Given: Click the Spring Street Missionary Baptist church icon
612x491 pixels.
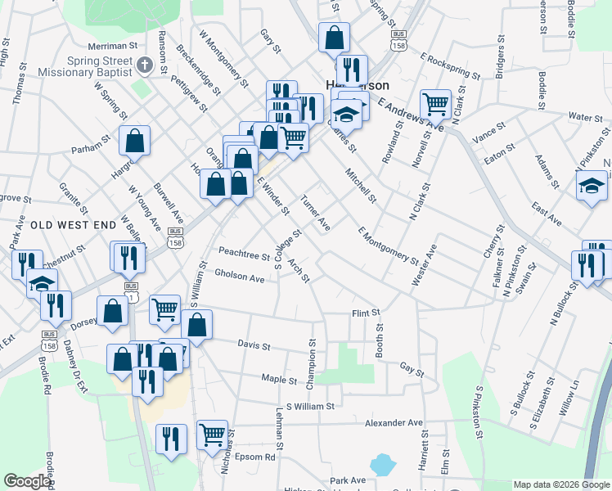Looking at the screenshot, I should coord(144,65).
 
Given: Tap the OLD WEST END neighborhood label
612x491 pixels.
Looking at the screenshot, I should coord(62,223).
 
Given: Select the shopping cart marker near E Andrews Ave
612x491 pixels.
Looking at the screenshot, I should coord(435,104).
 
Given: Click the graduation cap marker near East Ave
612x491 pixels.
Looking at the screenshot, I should coord(592,186).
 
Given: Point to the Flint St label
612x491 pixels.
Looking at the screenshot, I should coord(367,313).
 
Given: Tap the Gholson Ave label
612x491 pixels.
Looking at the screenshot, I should coord(240,277).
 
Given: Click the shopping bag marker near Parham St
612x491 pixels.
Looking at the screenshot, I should coord(134,140).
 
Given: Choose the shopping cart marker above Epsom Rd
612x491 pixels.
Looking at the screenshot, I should coord(212,434).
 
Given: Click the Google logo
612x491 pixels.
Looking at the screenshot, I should coord(27,481).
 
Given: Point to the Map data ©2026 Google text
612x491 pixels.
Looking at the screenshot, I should coord(560,484).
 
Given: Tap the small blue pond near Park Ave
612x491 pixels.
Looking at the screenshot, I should coord(382,466).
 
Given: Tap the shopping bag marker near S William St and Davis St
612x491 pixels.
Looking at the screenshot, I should coord(197,323).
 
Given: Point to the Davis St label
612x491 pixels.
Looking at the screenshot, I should coord(254,346).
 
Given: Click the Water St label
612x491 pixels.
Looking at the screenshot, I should coord(585,118).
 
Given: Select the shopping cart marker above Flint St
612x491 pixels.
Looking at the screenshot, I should coord(164,309).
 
